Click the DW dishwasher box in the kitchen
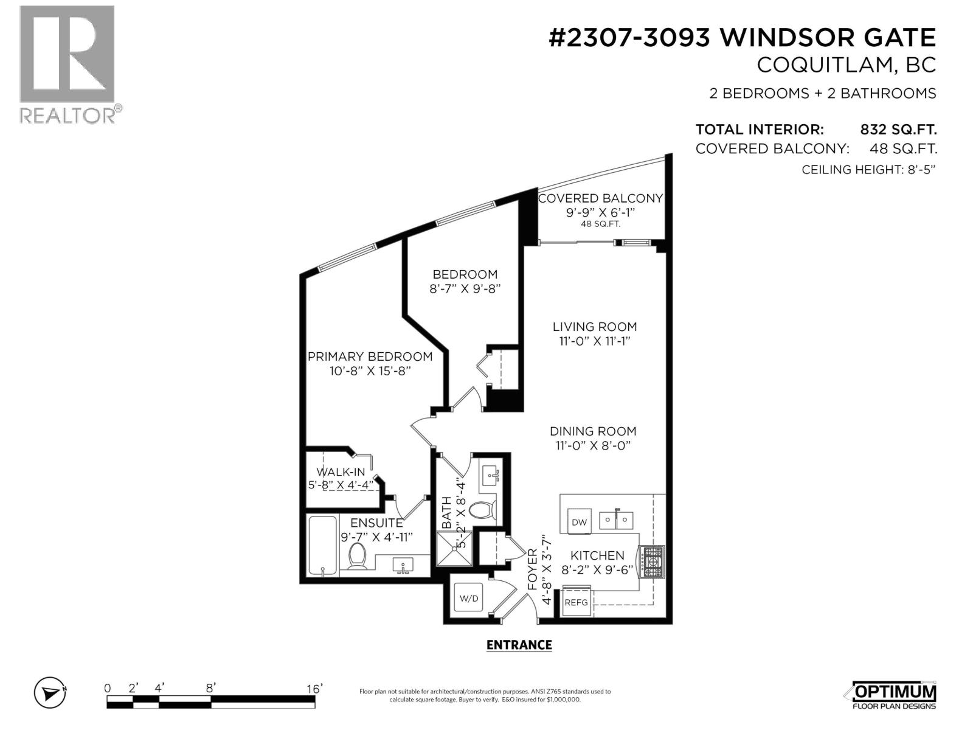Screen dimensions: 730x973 pyautogui.click(x=579, y=522)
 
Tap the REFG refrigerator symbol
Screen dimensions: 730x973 pyautogui.click(x=576, y=602)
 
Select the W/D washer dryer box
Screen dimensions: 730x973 pyautogui.click(x=469, y=598)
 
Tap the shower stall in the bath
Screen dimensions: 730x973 pyautogui.click(x=454, y=549)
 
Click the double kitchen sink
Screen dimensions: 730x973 pyautogui.click(x=616, y=521)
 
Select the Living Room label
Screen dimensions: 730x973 pyautogui.click(x=594, y=327)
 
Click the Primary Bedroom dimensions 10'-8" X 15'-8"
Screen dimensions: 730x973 pyautogui.click(x=370, y=370)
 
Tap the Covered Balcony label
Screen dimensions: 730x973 pyautogui.click(x=600, y=198)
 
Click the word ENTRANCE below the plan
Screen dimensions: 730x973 pyautogui.click(x=519, y=645)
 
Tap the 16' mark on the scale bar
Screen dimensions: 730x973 pyautogui.click(x=314, y=689)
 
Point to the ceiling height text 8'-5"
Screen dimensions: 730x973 pyautogui.click(x=919, y=170)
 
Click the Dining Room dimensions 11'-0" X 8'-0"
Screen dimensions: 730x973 pyautogui.click(x=592, y=445)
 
